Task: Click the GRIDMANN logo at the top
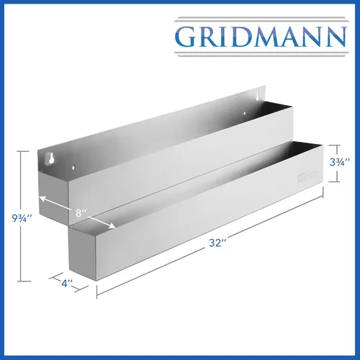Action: point(261,37)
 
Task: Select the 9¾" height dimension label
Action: point(22,218)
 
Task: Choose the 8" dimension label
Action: point(81,213)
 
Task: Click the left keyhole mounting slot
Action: point(51,158)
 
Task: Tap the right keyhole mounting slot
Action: point(258,96)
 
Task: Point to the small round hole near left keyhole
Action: point(74,167)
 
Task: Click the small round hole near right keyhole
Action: point(245,113)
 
